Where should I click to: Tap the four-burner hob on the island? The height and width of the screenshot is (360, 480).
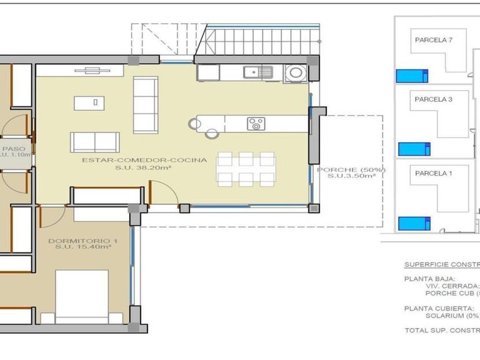(256, 124)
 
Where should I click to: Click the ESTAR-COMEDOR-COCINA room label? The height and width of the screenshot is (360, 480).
(144, 161)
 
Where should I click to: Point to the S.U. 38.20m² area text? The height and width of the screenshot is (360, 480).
(144, 169)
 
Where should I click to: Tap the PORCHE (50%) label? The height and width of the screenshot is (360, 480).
(351, 169)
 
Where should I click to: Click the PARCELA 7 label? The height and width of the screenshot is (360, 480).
(433, 39)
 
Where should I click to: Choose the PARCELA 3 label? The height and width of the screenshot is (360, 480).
(433, 99)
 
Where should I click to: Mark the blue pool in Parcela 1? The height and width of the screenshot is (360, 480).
(414, 222)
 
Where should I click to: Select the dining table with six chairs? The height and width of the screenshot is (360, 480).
(246, 169)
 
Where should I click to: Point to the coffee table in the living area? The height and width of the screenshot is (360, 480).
(89, 102)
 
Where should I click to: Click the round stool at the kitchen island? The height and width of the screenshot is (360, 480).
(211, 132)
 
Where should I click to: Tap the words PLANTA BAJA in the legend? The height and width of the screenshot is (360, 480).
(430, 279)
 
